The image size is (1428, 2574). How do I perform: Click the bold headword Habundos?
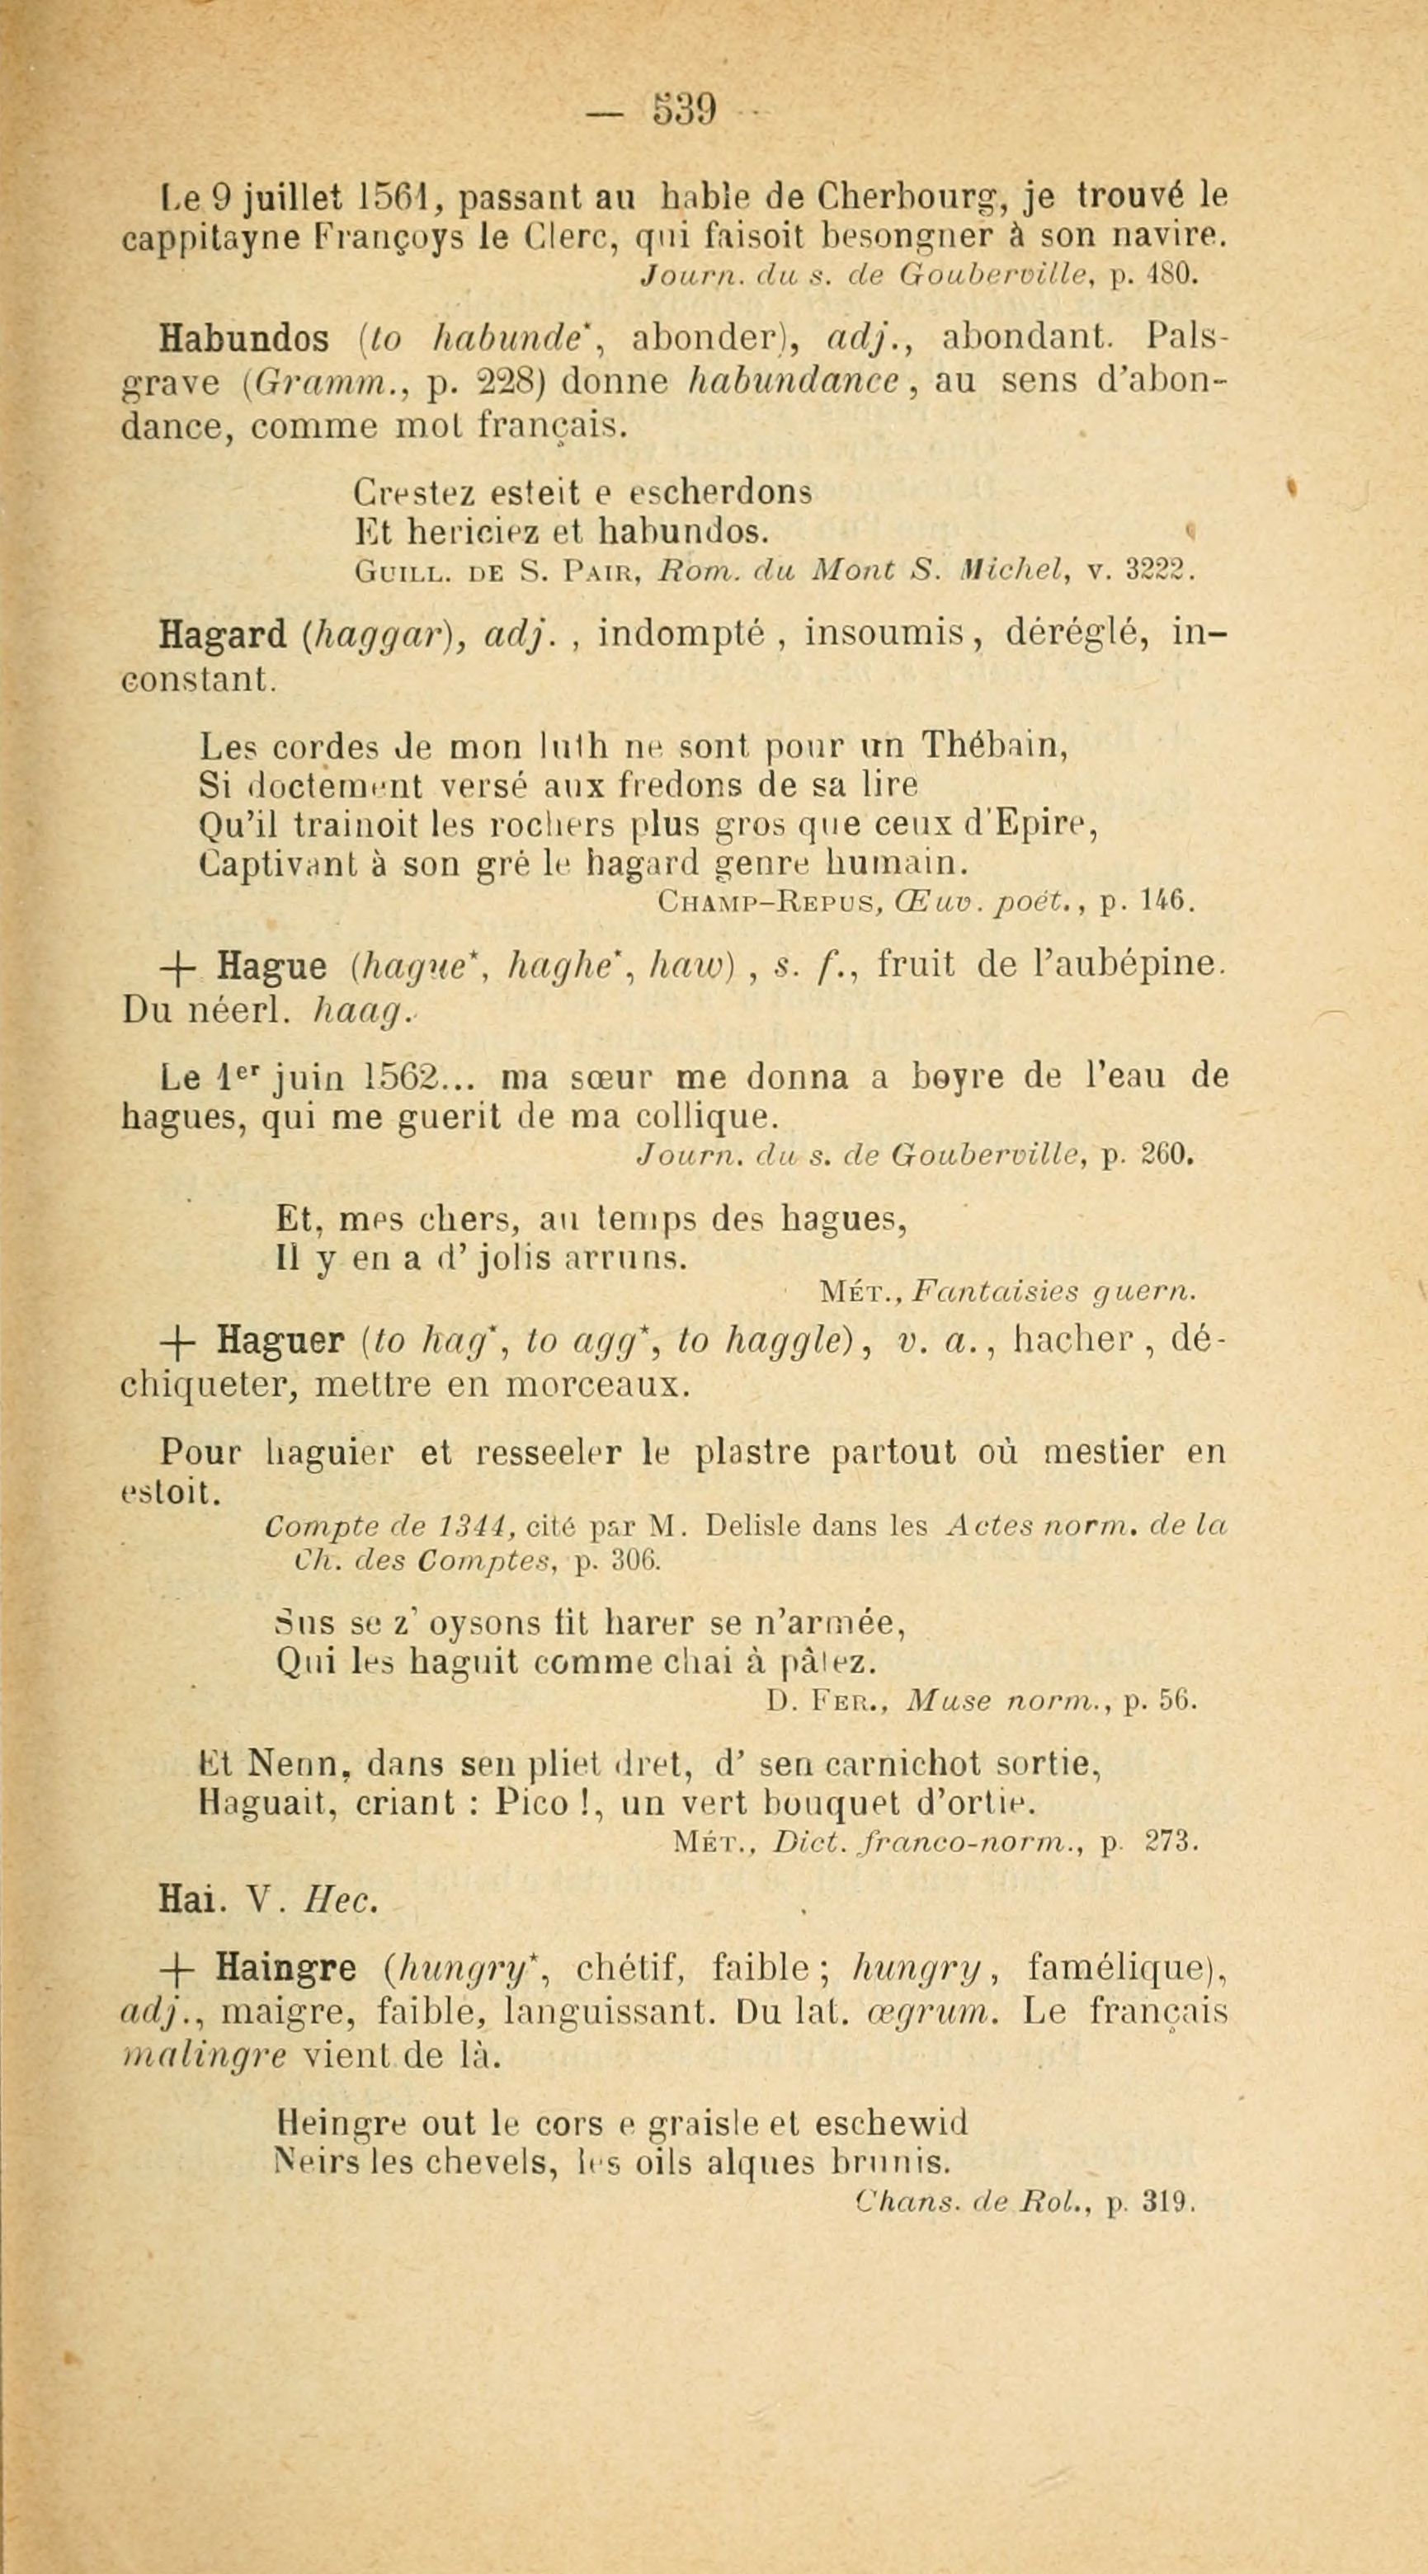(x=245, y=339)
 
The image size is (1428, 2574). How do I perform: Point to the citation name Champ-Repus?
(x=767, y=902)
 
